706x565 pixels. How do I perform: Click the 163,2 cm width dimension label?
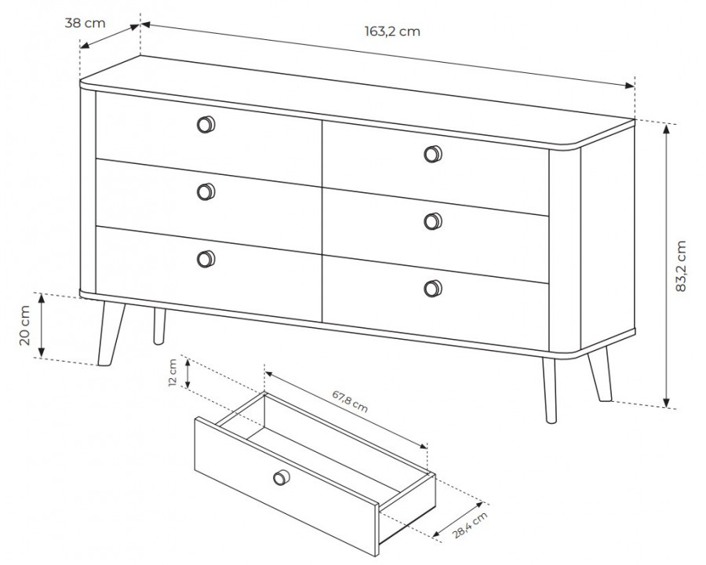click(392, 31)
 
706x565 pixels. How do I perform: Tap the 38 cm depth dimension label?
click(85, 23)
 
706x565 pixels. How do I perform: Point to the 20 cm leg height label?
click(25, 326)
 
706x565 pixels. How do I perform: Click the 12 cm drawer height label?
click(172, 373)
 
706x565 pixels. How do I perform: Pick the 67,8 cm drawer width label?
click(351, 401)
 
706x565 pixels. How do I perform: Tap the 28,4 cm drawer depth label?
click(470, 525)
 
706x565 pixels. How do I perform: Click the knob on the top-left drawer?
click(206, 124)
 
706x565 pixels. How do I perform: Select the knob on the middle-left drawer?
click(206, 192)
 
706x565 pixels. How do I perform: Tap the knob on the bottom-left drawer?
click(206, 259)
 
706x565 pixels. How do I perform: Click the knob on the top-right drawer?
click(433, 154)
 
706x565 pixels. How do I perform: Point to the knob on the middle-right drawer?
click(433, 221)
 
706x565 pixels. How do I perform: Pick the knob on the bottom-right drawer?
click(433, 288)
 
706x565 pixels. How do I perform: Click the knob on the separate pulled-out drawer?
click(282, 477)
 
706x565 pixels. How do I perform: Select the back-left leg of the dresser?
click(159, 326)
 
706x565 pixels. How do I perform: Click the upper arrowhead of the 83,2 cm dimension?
click(667, 129)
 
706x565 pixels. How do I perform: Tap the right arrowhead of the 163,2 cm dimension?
click(629, 86)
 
